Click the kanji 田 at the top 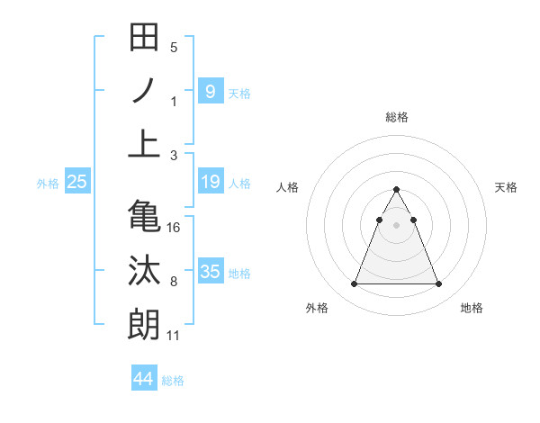point(145,39)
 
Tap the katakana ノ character point(145,91)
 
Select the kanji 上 point(145,143)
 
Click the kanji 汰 point(145,271)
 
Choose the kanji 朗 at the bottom point(145,324)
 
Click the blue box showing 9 point(210,91)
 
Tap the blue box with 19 point(210,183)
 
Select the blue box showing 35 point(210,272)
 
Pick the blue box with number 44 point(144,379)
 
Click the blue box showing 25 point(76,183)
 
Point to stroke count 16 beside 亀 point(174,228)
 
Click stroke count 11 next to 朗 point(174,336)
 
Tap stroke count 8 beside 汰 point(174,283)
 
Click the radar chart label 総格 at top point(396,117)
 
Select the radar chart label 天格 point(506,187)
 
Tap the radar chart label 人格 point(288,187)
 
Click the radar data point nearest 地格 point(438,284)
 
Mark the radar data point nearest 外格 point(354,284)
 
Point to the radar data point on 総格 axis point(396,190)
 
